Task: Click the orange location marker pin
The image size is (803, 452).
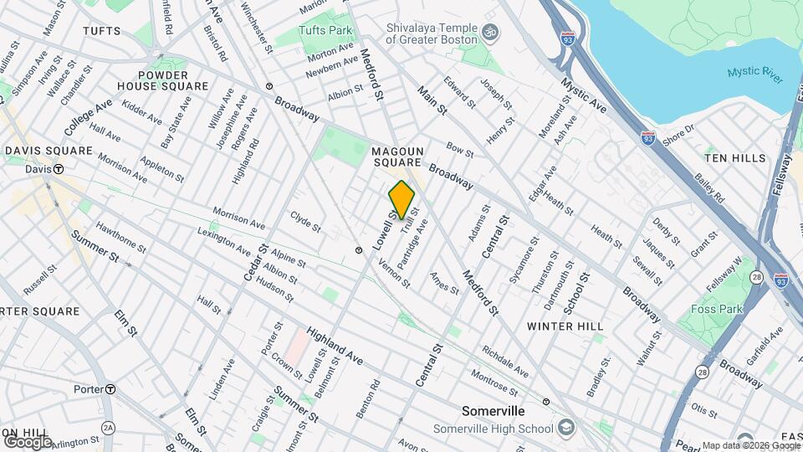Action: coord(401,199)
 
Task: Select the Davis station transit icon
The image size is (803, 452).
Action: coord(59,169)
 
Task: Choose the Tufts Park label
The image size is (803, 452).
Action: coord(326,30)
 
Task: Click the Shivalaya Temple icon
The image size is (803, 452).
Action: coord(492,32)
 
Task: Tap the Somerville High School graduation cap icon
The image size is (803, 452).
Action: coord(568,429)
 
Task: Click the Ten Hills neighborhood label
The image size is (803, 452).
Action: coord(734,158)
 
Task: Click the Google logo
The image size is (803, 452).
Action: coord(28,441)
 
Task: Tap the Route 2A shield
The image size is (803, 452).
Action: coord(107,428)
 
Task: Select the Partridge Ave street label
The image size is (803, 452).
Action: coord(413,244)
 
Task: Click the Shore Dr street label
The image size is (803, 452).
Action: coord(678,133)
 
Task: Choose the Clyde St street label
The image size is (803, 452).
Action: coord(305,221)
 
